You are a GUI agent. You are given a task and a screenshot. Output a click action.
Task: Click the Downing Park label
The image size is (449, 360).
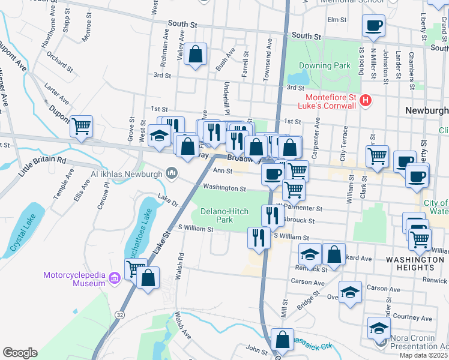[x=325, y=65]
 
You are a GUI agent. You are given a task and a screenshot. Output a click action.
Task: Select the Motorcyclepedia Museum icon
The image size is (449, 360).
[x=116, y=276]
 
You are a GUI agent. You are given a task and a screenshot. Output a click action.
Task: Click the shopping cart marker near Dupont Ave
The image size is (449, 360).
[x=81, y=126]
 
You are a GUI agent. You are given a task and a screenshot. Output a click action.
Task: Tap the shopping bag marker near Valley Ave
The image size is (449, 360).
[x=196, y=54]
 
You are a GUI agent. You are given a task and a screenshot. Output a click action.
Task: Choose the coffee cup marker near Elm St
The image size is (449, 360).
[x=373, y=25]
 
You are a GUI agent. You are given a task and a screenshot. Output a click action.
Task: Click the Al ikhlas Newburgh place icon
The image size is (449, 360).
[x=172, y=174]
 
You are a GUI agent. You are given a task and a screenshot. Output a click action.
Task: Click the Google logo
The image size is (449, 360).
[x=20, y=353]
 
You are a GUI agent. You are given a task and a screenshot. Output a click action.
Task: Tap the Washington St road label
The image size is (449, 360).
[x=224, y=188]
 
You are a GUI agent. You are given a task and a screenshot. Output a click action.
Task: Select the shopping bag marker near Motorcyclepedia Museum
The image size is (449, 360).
[x=148, y=278]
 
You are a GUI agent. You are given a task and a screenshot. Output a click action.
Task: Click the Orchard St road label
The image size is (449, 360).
[x=59, y=61]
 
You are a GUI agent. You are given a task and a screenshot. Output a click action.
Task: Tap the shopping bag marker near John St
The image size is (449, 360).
[x=282, y=339]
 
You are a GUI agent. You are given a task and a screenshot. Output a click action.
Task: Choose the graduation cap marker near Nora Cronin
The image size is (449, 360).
[x=378, y=328]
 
